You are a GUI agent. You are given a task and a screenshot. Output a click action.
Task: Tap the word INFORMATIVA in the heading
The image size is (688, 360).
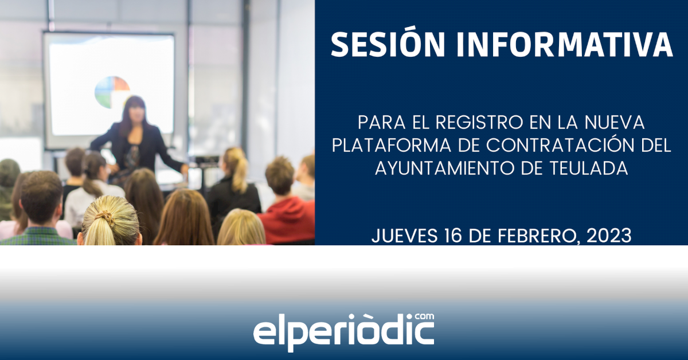[565, 44]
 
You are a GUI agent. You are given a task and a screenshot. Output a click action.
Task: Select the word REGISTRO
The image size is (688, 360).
[479, 122]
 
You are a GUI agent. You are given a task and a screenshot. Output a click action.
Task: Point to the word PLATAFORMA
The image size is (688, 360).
[391, 145]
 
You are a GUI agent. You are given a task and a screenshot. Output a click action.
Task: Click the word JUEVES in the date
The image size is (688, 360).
[405, 236]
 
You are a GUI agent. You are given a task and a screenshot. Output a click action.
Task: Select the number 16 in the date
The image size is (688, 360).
[454, 236]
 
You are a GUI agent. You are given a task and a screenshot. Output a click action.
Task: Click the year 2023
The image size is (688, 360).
[609, 236]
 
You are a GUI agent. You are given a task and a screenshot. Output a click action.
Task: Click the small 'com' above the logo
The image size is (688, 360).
[424, 317]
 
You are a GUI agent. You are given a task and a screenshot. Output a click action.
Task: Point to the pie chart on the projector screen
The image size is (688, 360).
[112, 92]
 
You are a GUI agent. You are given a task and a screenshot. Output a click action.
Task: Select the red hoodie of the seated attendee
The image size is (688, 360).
[287, 220]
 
